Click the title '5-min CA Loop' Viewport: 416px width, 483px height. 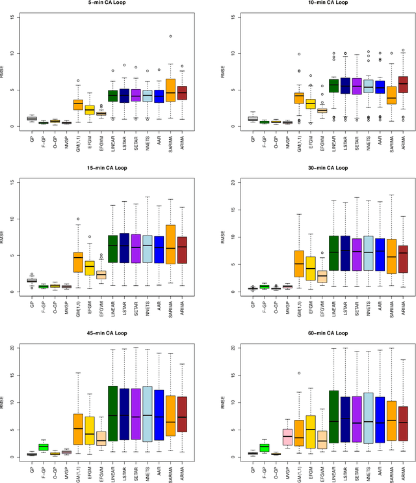pos(104,3)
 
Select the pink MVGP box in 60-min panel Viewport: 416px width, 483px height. pos(287,436)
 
